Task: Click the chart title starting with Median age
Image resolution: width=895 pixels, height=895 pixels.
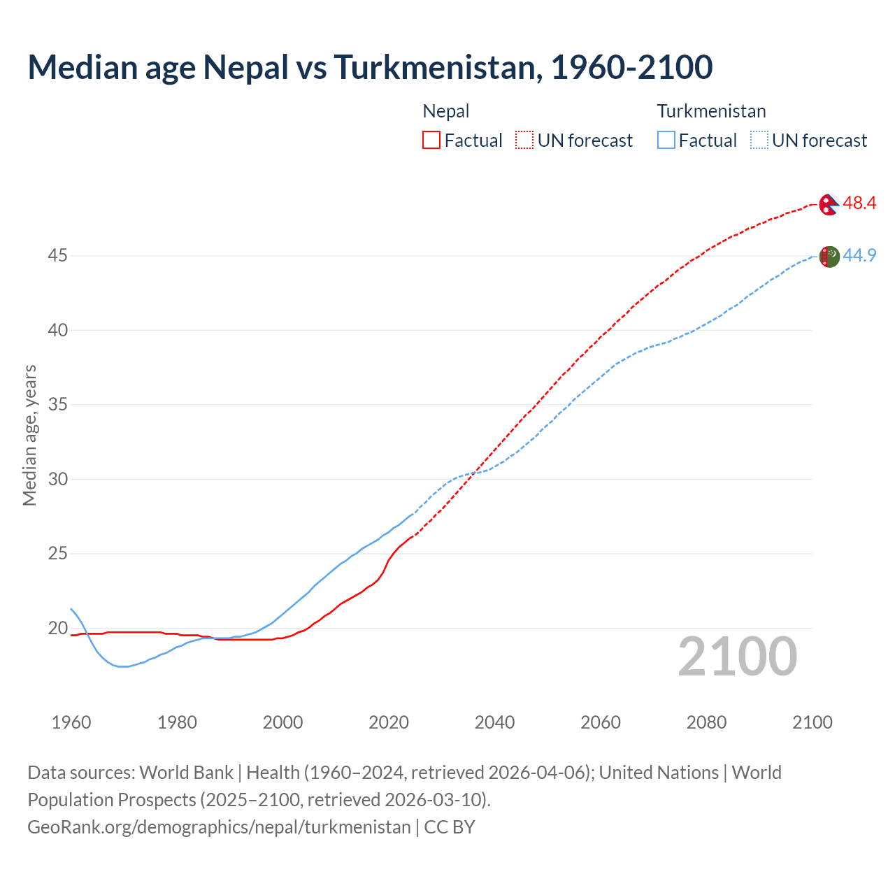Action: point(370,67)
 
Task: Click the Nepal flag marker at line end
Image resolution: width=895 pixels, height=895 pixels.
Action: point(829,204)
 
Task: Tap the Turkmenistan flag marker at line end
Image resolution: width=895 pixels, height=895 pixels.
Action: point(829,257)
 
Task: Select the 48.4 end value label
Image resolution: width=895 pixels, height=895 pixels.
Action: point(859,203)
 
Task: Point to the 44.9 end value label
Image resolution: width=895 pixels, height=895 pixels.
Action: point(859,256)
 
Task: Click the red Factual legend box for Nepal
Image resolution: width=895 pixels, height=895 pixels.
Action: point(431,141)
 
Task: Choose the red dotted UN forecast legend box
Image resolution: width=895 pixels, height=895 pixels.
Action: point(524,141)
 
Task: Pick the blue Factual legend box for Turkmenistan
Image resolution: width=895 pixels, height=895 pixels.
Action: point(666,141)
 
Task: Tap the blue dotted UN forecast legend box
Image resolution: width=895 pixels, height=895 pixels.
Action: point(759,141)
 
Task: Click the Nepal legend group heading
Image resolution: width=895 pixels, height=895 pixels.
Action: point(446,111)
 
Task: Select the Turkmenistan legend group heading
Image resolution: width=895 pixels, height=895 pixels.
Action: point(711,111)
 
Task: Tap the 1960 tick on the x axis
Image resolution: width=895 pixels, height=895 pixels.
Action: point(71,722)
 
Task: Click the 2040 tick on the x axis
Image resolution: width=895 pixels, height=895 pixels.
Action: point(494,722)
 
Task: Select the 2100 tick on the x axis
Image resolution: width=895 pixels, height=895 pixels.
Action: point(812,722)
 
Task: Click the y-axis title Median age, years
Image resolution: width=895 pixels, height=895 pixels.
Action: point(29,435)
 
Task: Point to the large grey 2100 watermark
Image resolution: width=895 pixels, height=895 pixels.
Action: point(737,657)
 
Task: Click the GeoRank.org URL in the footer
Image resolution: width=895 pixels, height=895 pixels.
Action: point(219,827)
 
